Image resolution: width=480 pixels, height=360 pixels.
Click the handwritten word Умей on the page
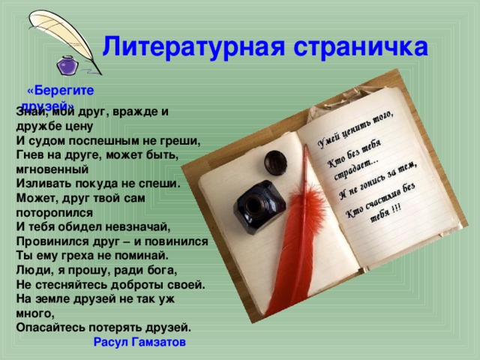coord(328,138)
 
